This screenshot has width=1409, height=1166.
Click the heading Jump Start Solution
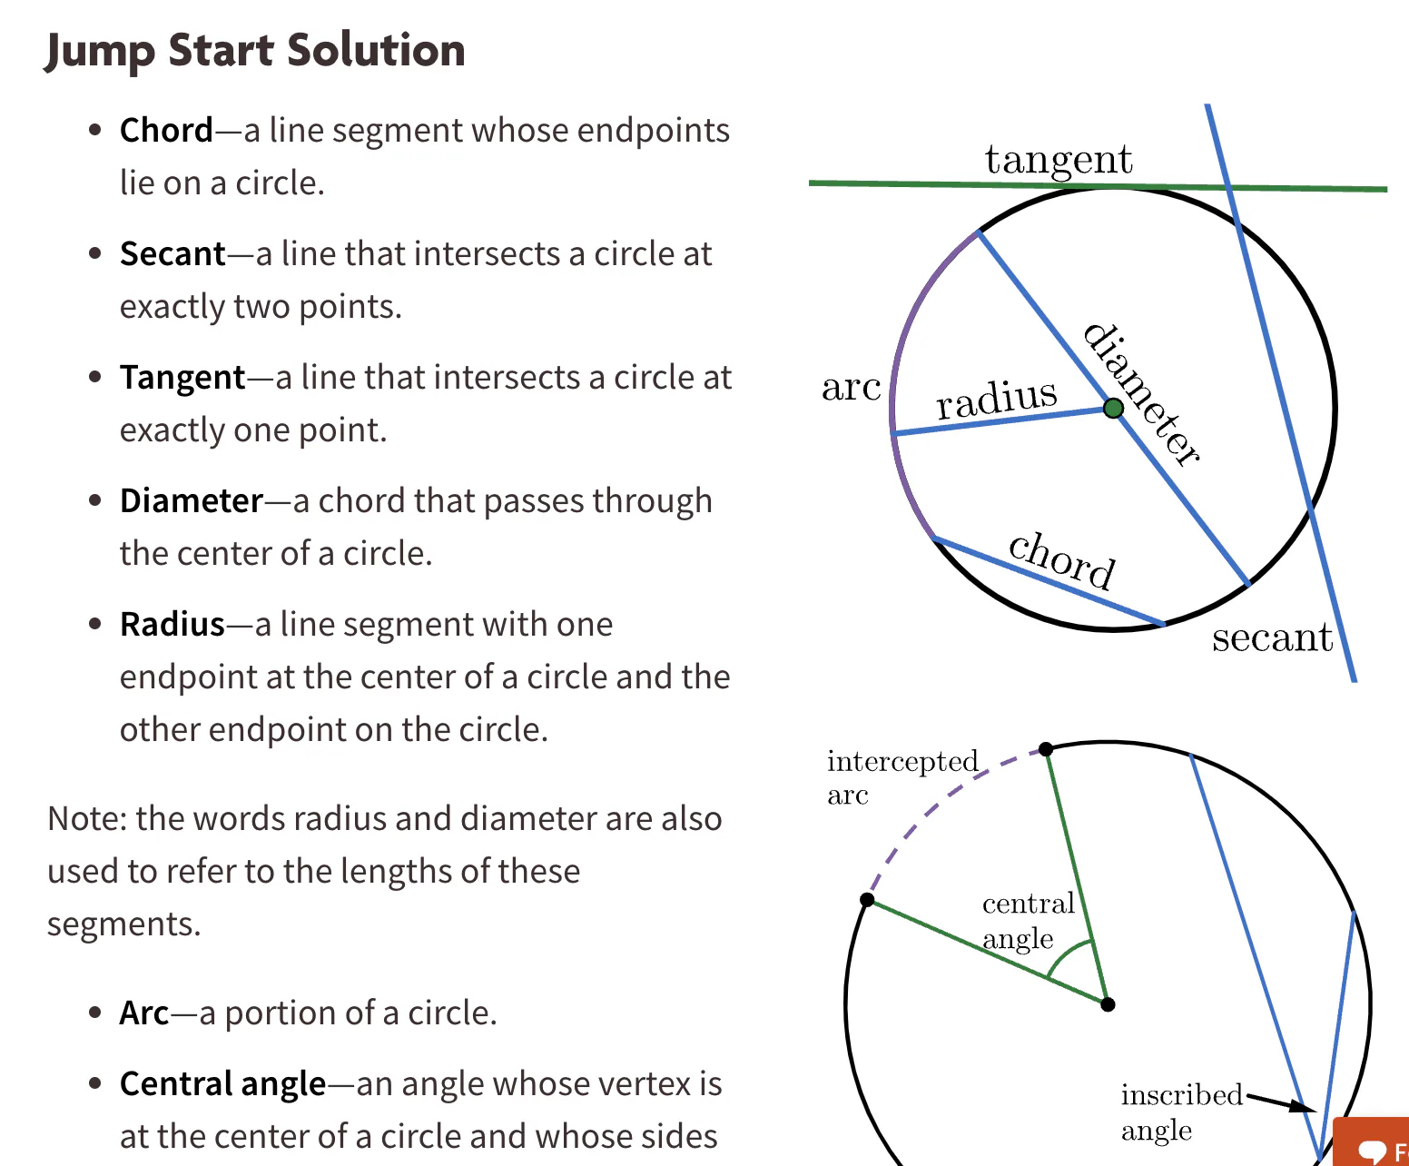[255, 50]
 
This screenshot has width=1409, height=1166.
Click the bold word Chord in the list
[166, 130]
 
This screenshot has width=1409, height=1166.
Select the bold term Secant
[172, 253]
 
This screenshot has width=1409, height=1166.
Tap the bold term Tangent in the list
[182, 377]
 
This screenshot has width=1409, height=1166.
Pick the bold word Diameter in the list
[192, 500]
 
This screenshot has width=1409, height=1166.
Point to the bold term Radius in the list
[172, 624]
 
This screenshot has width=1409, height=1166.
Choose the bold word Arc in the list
[144, 1013]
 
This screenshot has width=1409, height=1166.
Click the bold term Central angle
[222, 1083]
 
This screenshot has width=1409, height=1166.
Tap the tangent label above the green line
[1059, 160]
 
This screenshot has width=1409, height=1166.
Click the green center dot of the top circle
[1113, 409]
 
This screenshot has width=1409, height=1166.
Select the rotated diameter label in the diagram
[1143, 394]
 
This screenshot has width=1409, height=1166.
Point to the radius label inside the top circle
[997, 399]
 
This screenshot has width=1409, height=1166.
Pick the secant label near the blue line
[1272, 637]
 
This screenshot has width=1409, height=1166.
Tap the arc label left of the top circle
[851, 388]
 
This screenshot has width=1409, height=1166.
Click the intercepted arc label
[902, 776]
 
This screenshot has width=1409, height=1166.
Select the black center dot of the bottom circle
[1108, 1004]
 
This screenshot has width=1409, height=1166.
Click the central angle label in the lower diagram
[1028, 920]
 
